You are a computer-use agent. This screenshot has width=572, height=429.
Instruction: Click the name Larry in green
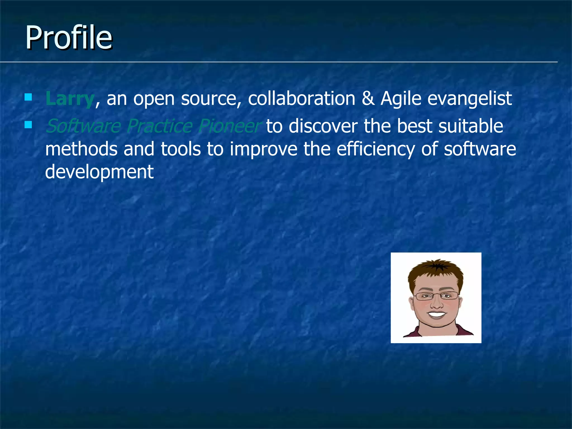pyautogui.click(x=70, y=99)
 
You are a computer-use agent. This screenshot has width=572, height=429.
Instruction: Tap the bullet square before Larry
pyautogui.click(x=28, y=97)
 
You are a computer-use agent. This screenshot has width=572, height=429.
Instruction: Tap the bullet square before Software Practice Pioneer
pyautogui.click(x=28, y=125)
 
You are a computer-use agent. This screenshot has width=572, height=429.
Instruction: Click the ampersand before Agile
pyautogui.click(x=368, y=99)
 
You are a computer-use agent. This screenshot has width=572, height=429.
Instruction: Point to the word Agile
pyautogui.click(x=401, y=99)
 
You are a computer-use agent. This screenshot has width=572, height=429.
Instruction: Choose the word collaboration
pyautogui.click(x=301, y=99)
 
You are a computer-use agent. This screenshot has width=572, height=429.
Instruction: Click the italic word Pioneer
pyautogui.click(x=230, y=126)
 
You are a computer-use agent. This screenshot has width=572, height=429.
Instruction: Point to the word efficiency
pyautogui.click(x=376, y=149)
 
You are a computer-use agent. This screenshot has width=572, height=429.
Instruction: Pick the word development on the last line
pyautogui.click(x=99, y=172)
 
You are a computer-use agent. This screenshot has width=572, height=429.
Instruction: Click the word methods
pyautogui.click(x=81, y=149)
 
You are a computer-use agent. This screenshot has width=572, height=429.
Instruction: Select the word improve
pyautogui.click(x=263, y=149)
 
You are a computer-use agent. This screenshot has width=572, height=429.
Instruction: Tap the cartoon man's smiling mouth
pyautogui.click(x=437, y=314)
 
